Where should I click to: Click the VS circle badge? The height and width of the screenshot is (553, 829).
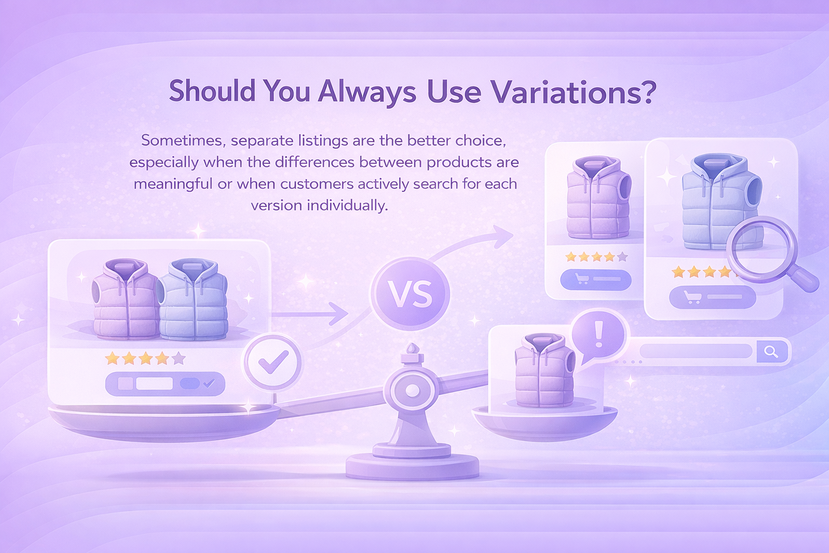(x=410, y=294)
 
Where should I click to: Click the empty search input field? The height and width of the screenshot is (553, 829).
(x=696, y=351)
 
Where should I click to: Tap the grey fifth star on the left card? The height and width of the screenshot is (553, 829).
(x=179, y=358)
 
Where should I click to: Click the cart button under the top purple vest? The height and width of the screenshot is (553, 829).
(x=595, y=280)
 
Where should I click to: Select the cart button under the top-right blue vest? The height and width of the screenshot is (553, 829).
(x=712, y=298)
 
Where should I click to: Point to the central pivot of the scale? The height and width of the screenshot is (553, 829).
(x=412, y=390)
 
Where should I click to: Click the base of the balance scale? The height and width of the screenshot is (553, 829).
(x=412, y=465)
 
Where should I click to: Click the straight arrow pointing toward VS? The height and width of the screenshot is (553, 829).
(x=310, y=314)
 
